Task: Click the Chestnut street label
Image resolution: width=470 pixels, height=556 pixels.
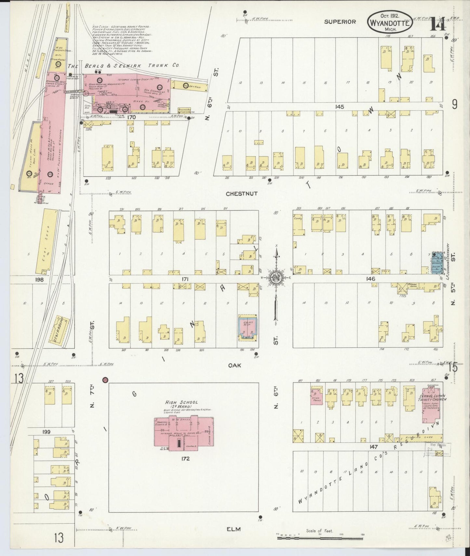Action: coord(242,193)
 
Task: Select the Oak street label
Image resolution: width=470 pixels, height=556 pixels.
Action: coord(235,365)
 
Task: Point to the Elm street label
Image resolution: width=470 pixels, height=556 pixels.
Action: coord(234,529)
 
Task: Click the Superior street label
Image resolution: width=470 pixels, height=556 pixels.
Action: coord(340,22)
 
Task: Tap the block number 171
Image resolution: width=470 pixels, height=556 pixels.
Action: coord(185,279)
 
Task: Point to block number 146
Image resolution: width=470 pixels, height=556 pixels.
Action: coord(370,279)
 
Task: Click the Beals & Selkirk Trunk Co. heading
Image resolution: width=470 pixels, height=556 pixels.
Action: coord(124,65)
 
